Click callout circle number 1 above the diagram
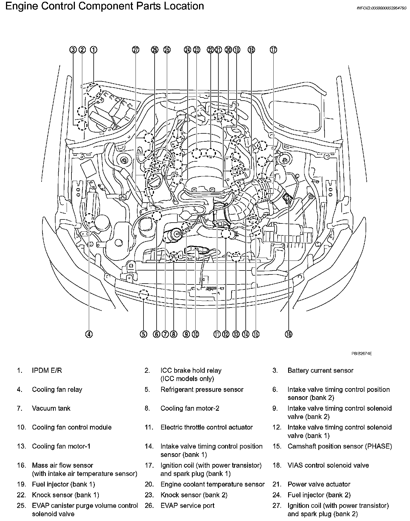point(93,50)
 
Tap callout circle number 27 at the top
point(136,50)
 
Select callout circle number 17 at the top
point(273,50)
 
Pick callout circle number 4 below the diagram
point(89,334)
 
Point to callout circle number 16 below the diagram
point(288,334)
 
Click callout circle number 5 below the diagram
point(143,334)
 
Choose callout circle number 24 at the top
point(187,50)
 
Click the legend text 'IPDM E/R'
point(47,371)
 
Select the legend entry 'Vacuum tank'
point(51,408)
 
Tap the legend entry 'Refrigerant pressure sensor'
point(202,390)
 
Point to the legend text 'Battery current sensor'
point(320,371)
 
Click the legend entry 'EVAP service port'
point(187,506)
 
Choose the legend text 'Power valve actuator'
point(319,484)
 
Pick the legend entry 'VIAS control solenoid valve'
point(328,465)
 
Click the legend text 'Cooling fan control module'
point(72,428)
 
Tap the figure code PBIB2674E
point(362,354)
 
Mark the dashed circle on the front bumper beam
point(144,295)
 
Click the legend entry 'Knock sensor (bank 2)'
point(194,495)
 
